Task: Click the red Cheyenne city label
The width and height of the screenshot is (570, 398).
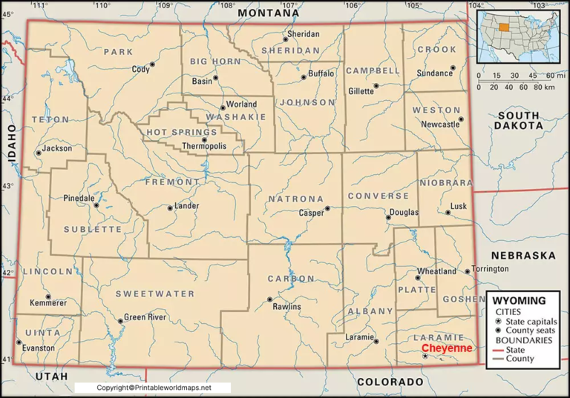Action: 446,348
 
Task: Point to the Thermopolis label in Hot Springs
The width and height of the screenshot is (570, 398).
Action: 204,147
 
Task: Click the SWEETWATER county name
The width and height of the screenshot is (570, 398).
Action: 154,294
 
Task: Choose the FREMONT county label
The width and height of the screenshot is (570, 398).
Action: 172,182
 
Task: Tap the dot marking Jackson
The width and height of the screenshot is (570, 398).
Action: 39,153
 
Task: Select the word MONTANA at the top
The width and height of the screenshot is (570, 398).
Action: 269,13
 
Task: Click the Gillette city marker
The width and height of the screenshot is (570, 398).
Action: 376,86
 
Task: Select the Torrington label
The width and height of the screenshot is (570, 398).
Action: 491,268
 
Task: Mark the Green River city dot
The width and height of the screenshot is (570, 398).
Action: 120,321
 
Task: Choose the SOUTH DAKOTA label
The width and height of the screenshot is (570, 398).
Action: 519,121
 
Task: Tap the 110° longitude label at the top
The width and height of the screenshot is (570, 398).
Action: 102,6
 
